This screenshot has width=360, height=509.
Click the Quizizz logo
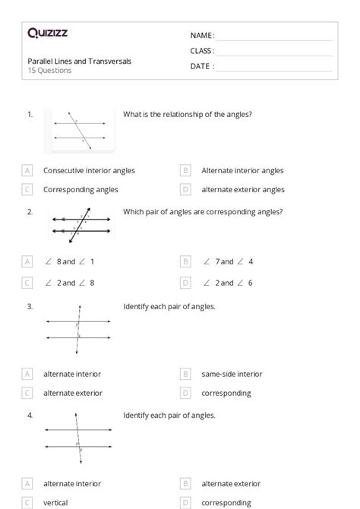pyautogui.click(x=47, y=33)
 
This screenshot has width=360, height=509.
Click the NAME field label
pyautogui.click(x=202, y=36)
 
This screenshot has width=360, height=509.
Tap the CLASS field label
pyautogui.click(x=202, y=51)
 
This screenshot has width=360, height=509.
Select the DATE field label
pyautogui.click(x=202, y=66)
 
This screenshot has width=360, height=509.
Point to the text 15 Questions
pyautogui.click(x=50, y=71)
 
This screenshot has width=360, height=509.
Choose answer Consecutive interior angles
pyautogui.click(x=89, y=171)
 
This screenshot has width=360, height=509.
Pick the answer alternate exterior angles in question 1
pyautogui.click(x=242, y=189)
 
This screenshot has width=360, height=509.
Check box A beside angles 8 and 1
pyautogui.click(x=28, y=261)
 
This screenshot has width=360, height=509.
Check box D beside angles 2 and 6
pyautogui.click(x=185, y=283)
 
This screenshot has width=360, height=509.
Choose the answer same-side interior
pyautogui.click(x=232, y=374)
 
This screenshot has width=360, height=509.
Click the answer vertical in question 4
pyautogui.click(x=55, y=502)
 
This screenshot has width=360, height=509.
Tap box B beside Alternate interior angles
pyautogui.click(x=185, y=171)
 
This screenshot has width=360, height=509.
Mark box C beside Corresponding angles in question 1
pyautogui.click(x=28, y=189)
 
